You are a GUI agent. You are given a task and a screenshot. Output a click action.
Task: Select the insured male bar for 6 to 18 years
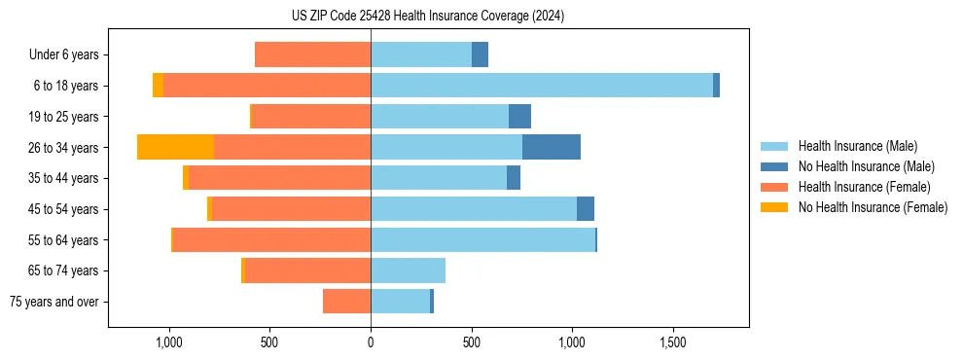541,86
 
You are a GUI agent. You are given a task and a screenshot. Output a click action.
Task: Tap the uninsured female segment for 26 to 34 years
175,147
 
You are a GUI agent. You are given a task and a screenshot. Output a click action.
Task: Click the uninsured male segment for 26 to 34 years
552,147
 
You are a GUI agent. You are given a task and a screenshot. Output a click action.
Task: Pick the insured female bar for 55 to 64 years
271,239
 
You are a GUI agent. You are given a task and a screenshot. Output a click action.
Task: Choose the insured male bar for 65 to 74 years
408,270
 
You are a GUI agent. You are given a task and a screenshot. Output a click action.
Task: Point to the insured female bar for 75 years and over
346,302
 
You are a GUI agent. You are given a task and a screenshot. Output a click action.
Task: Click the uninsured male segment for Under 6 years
480,54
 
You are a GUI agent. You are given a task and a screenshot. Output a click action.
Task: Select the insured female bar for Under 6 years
312,54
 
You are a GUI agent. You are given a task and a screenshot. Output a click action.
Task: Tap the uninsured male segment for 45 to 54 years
586,208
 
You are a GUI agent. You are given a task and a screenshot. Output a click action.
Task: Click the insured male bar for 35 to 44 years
439,178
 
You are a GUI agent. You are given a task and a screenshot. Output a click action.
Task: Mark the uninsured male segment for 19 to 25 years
519,117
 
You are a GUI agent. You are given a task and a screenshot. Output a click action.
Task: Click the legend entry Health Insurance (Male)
857,146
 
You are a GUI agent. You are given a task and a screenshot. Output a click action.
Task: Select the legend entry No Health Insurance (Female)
873,207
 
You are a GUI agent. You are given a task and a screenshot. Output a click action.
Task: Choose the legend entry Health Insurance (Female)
864,187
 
